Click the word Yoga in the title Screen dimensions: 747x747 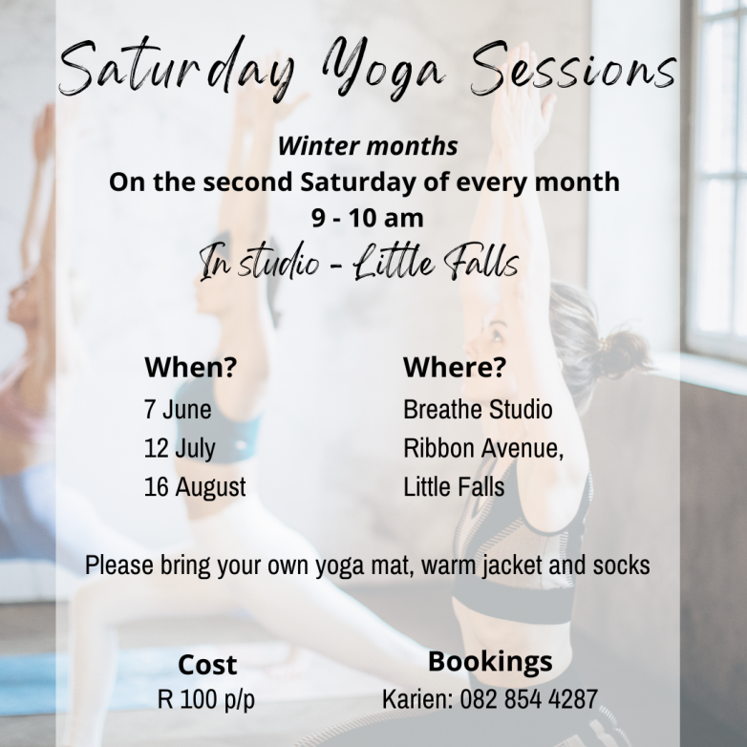pyautogui.click(x=384, y=68)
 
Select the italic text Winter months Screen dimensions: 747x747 pyautogui.click(x=368, y=146)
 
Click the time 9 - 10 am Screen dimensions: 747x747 pyautogui.click(x=368, y=218)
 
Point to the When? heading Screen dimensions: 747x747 pyautogui.click(x=190, y=367)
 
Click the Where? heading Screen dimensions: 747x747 pyautogui.click(x=455, y=367)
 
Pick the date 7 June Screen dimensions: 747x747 pyautogui.click(x=178, y=409)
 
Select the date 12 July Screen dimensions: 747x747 pyautogui.click(x=180, y=449)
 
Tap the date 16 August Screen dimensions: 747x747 pyautogui.click(x=195, y=487)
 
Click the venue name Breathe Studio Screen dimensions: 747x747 pyautogui.click(x=478, y=409)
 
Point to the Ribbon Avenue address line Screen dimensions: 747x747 pyautogui.click(x=483, y=448)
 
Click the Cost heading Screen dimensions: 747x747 pyautogui.click(x=207, y=664)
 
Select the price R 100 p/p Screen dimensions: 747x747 pyautogui.click(x=206, y=699)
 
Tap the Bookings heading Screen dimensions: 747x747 pyautogui.click(x=490, y=662)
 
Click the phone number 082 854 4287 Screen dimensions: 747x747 pyautogui.click(x=528, y=699)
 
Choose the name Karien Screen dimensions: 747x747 pyautogui.click(x=417, y=699)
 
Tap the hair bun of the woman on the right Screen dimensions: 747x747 pyautogui.click(x=624, y=353)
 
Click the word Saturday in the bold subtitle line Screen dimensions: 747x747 pyautogui.click(x=357, y=182)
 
